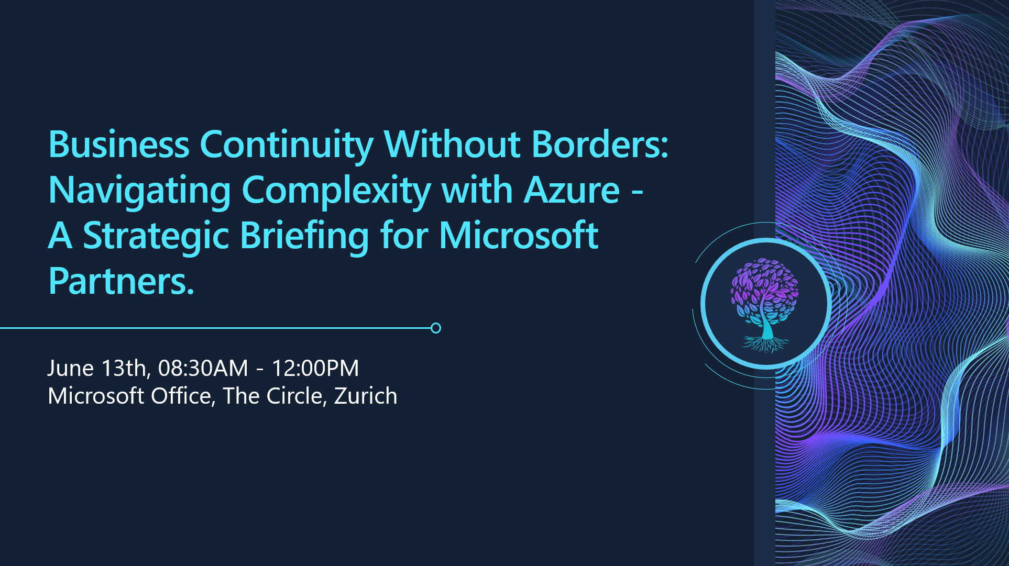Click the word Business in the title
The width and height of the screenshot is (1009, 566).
[x=118, y=145]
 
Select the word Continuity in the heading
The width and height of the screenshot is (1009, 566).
[x=286, y=146]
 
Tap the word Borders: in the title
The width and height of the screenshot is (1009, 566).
[x=600, y=145]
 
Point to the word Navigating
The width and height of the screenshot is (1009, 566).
[x=139, y=191]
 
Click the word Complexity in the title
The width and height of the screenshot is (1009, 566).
[x=336, y=191]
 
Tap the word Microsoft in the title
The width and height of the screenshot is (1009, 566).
[x=518, y=236]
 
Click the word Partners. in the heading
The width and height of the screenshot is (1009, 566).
[x=121, y=282]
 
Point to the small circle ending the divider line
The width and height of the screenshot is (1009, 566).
[x=435, y=328]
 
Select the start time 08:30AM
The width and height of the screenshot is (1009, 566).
[x=203, y=368]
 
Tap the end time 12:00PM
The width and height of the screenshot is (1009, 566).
[x=315, y=368]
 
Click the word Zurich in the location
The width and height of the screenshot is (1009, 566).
[x=365, y=396]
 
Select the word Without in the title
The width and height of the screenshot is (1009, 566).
[x=452, y=145]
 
